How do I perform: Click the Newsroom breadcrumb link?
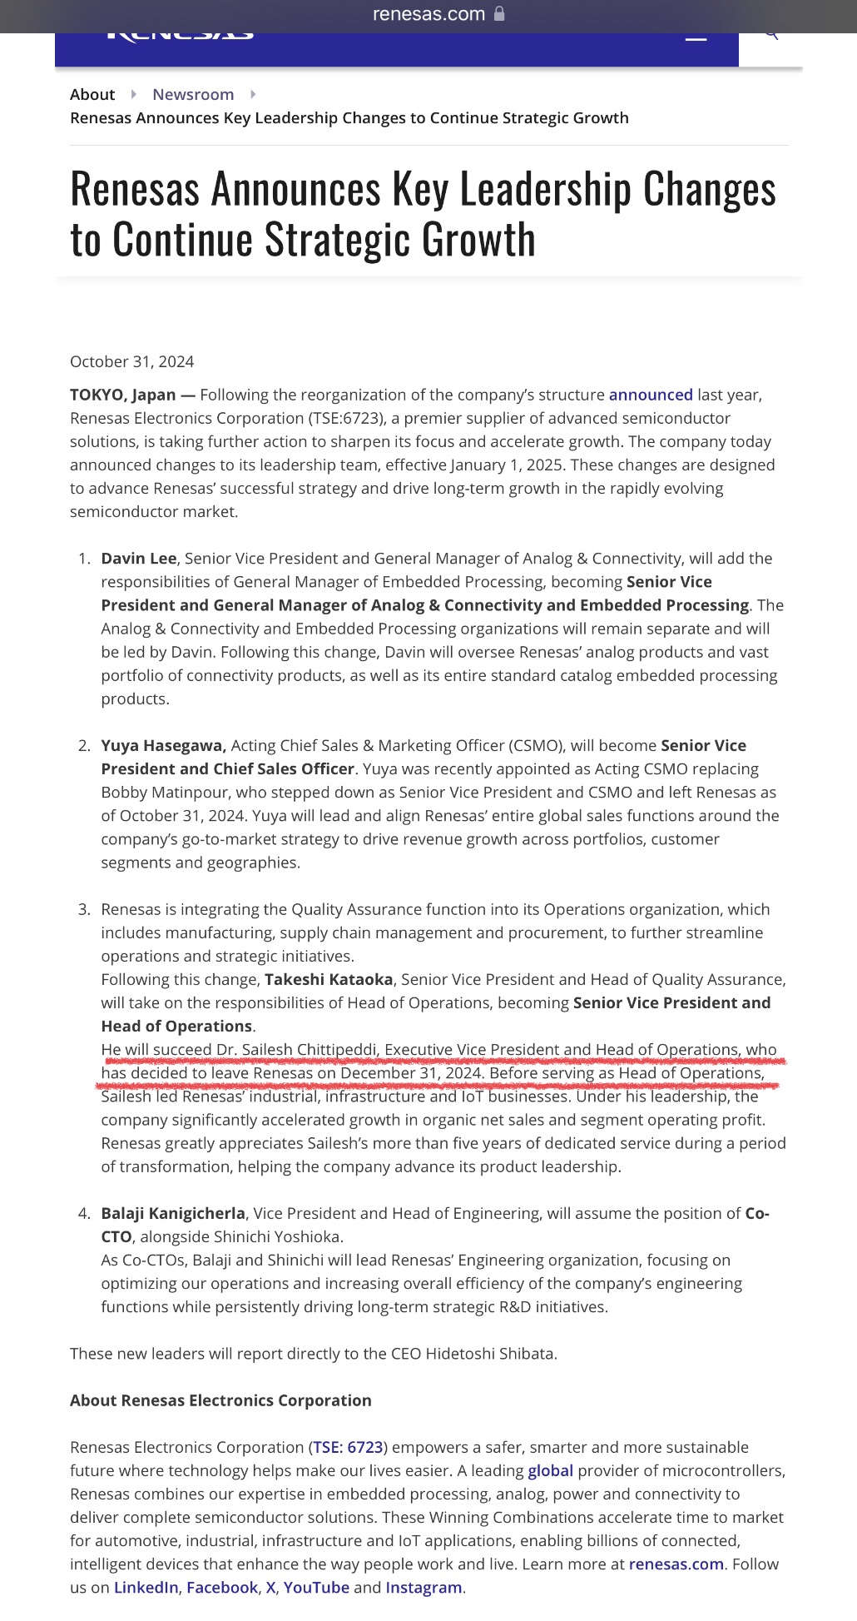(x=193, y=94)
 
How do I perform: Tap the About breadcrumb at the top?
(x=92, y=94)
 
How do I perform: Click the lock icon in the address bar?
(x=499, y=13)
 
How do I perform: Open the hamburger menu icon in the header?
(x=696, y=35)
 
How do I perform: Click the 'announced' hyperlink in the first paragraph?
(x=651, y=395)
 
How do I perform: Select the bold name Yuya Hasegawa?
(x=163, y=745)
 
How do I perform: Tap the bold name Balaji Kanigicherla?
(x=173, y=1213)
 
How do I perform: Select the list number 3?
(x=83, y=909)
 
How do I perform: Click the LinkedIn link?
(x=146, y=1587)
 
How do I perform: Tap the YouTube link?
(x=316, y=1587)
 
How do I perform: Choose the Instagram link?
(x=424, y=1587)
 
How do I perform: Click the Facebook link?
(x=222, y=1587)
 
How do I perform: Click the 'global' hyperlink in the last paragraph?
(x=550, y=1470)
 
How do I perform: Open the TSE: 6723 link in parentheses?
(x=348, y=1447)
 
